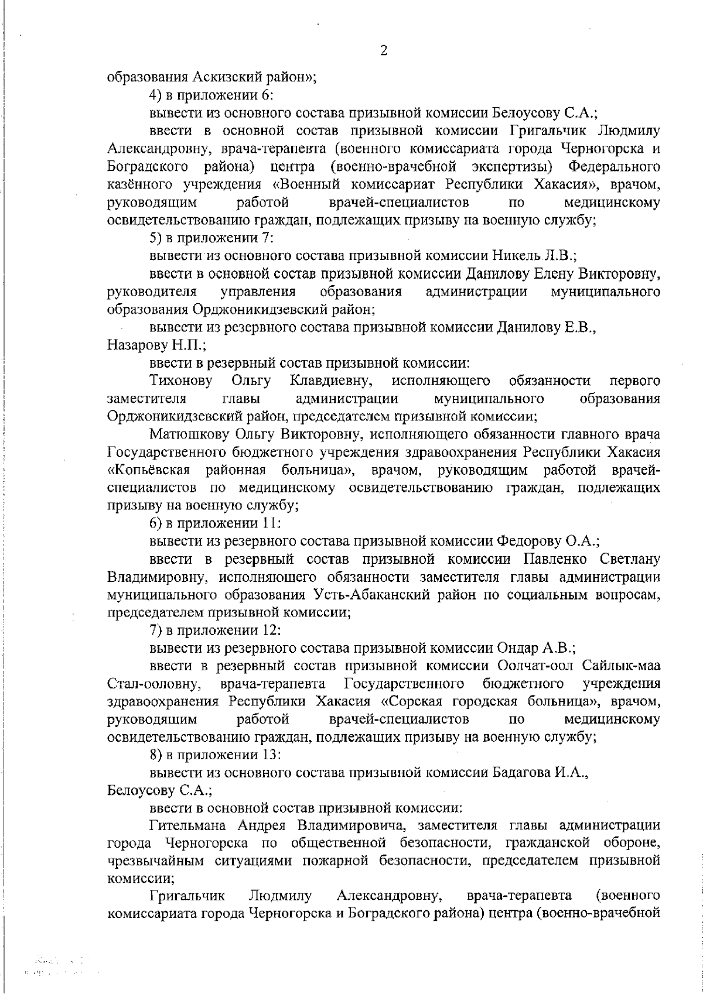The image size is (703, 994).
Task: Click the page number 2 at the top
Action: pos(384,50)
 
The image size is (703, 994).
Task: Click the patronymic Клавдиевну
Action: pos(332,382)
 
